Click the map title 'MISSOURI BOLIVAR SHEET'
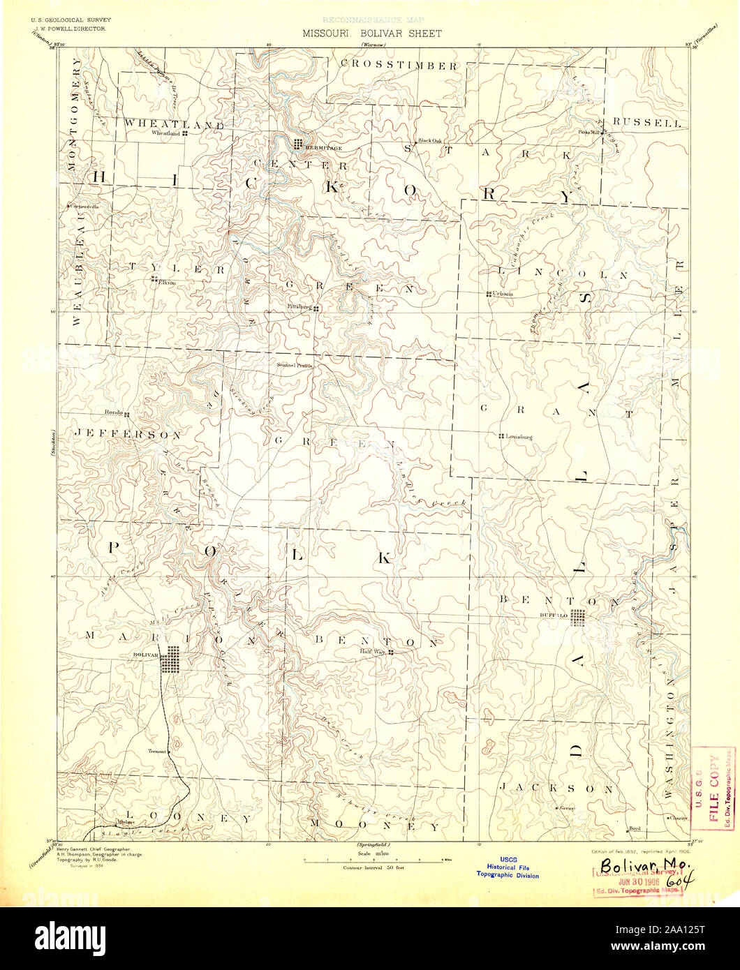[371, 33]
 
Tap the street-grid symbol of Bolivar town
[170, 659]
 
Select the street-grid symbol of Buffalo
[577, 618]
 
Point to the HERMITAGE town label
[323, 148]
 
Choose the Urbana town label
[503, 294]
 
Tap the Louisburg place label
[519, 437]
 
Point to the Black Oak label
[430, 140]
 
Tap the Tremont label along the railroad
[157, 751]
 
